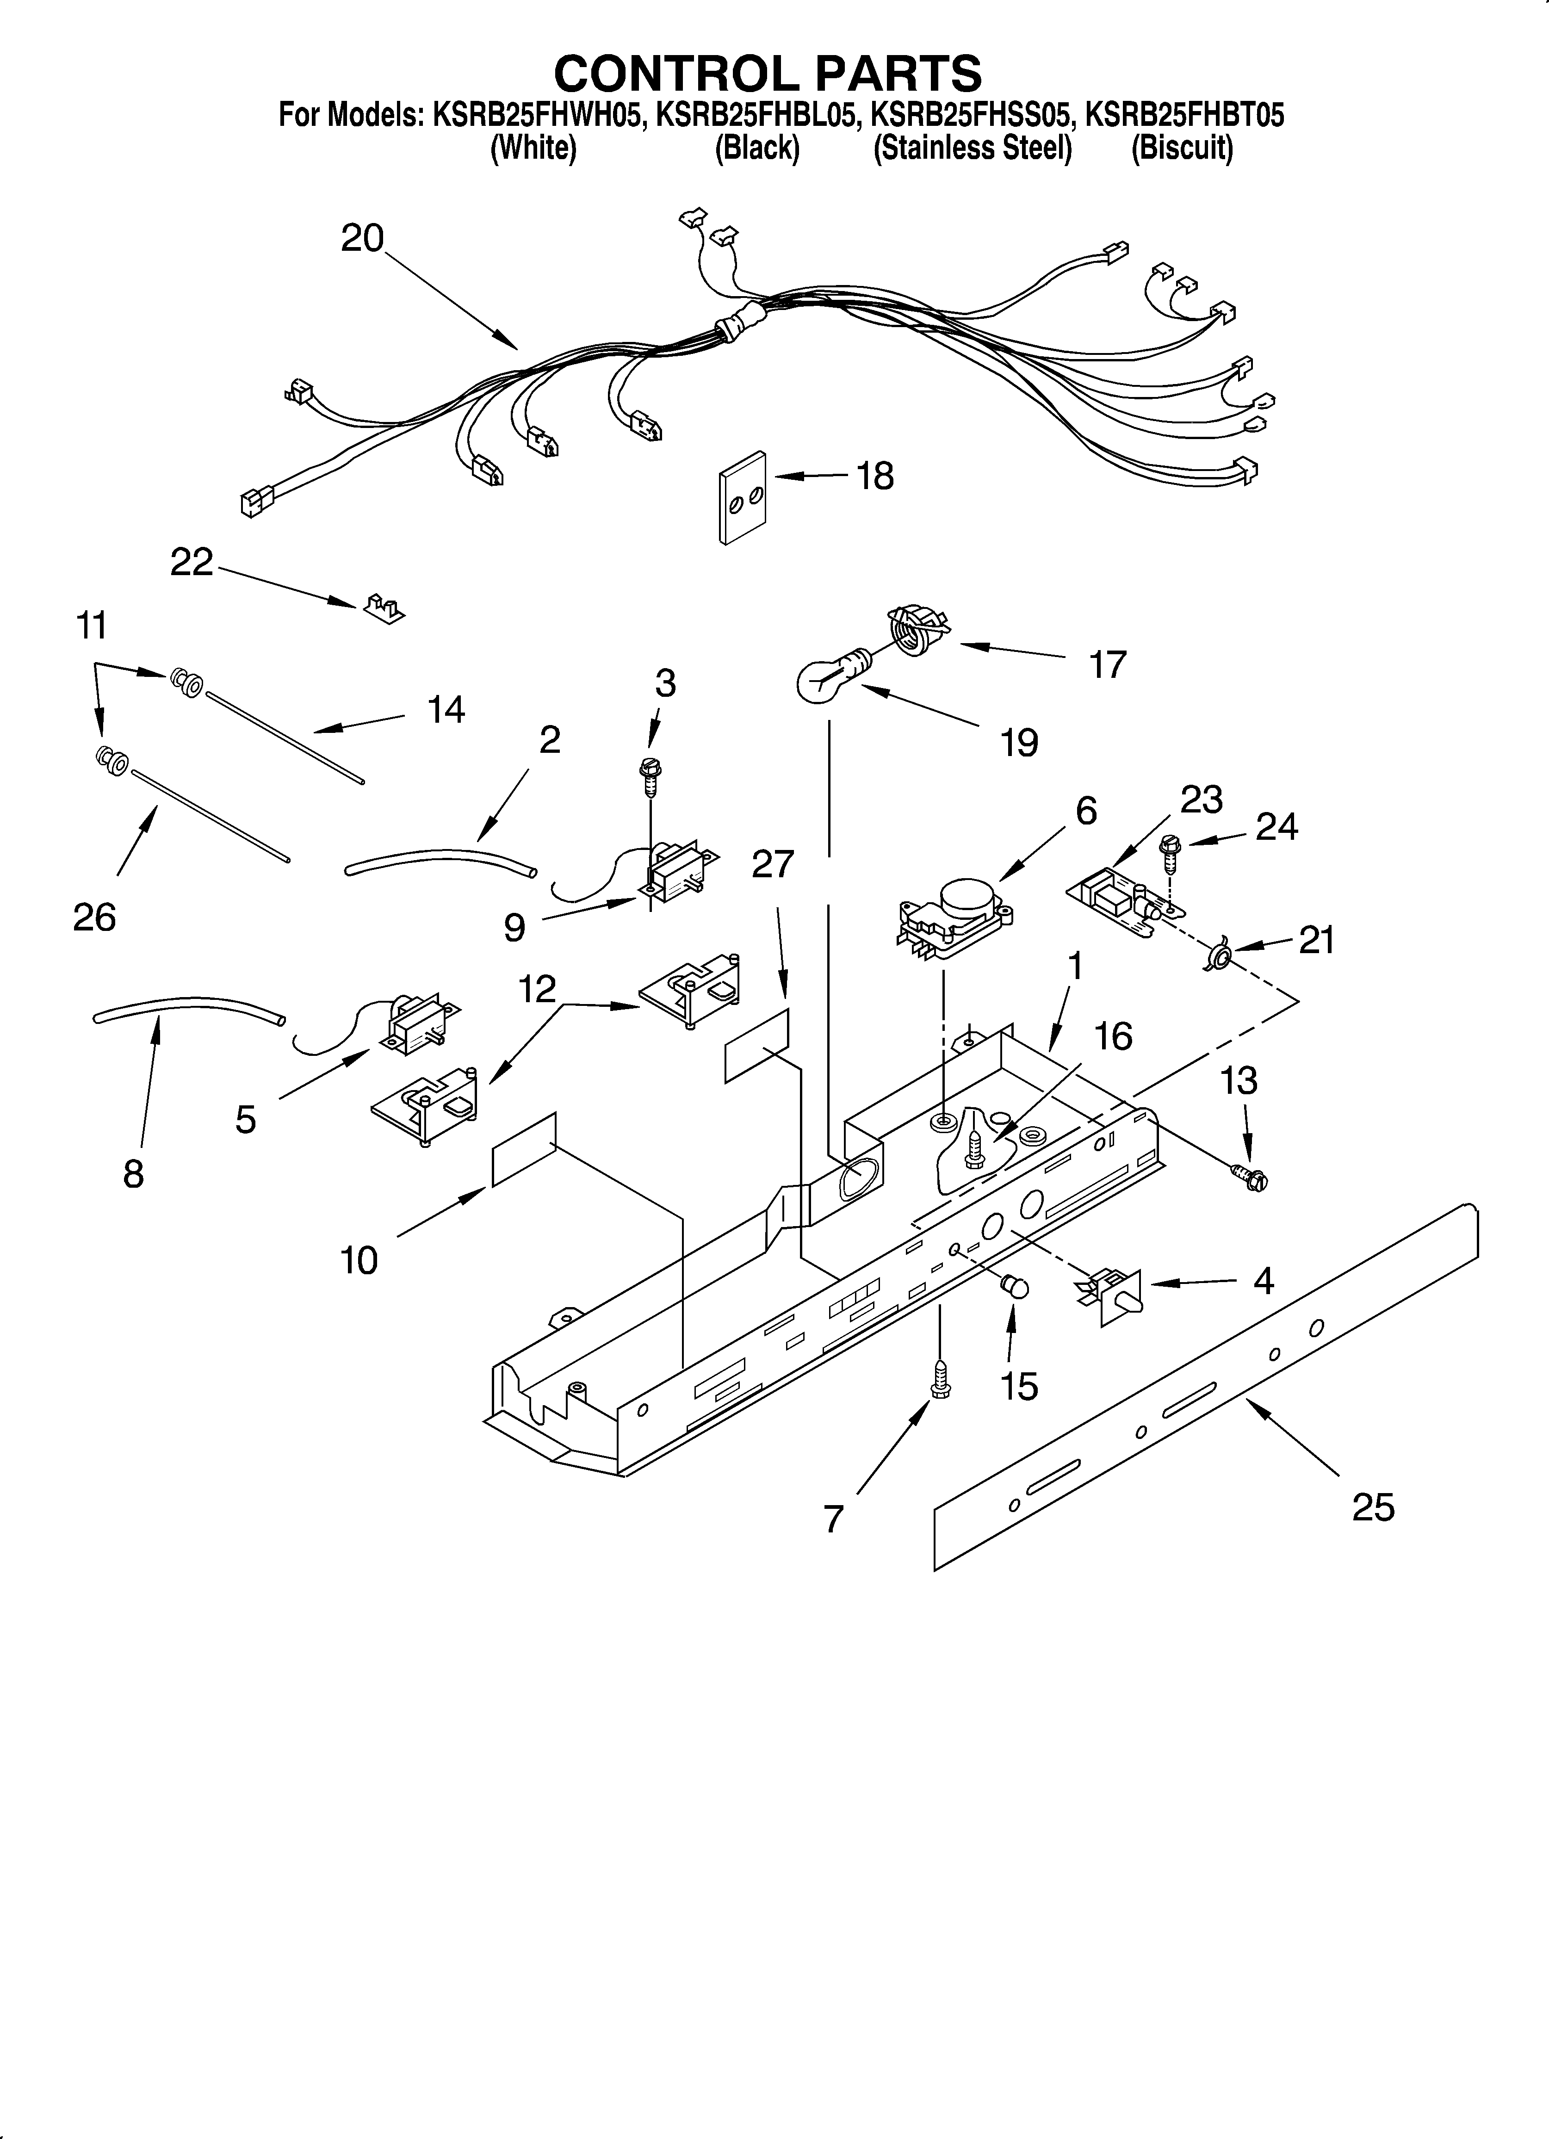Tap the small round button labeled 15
point(1014,1284)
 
